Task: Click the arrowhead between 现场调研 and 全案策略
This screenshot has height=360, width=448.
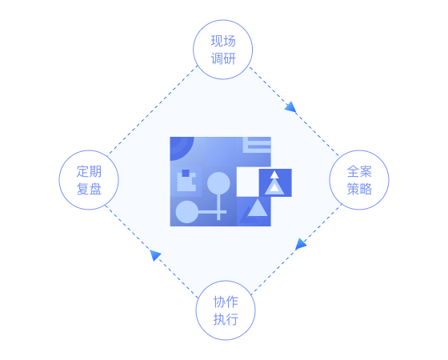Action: [290, 107]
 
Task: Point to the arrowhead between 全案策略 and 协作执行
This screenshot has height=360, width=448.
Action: [300, 244]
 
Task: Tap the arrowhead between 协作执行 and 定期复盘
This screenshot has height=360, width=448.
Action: [155, 255]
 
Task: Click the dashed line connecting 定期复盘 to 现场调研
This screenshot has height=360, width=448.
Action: [153, 111]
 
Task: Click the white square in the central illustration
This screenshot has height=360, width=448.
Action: [248, 182]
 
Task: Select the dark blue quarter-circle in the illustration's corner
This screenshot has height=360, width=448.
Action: [179, 146]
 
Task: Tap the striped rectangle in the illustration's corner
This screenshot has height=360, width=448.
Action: [257, 145]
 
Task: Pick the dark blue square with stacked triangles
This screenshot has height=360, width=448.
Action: [275, 182]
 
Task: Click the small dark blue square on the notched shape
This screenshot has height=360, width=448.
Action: [186, 173]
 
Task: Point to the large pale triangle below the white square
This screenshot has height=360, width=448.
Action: [258, 208]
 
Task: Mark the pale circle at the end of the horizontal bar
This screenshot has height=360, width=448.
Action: [186, 212]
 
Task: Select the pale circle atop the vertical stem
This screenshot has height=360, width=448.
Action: [218, 183]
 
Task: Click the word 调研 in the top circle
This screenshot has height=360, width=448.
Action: [223, 59]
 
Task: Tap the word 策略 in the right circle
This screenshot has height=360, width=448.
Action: [359, 189]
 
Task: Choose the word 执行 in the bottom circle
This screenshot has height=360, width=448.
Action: [226, 319]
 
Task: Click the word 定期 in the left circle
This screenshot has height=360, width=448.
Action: [89, 171]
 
